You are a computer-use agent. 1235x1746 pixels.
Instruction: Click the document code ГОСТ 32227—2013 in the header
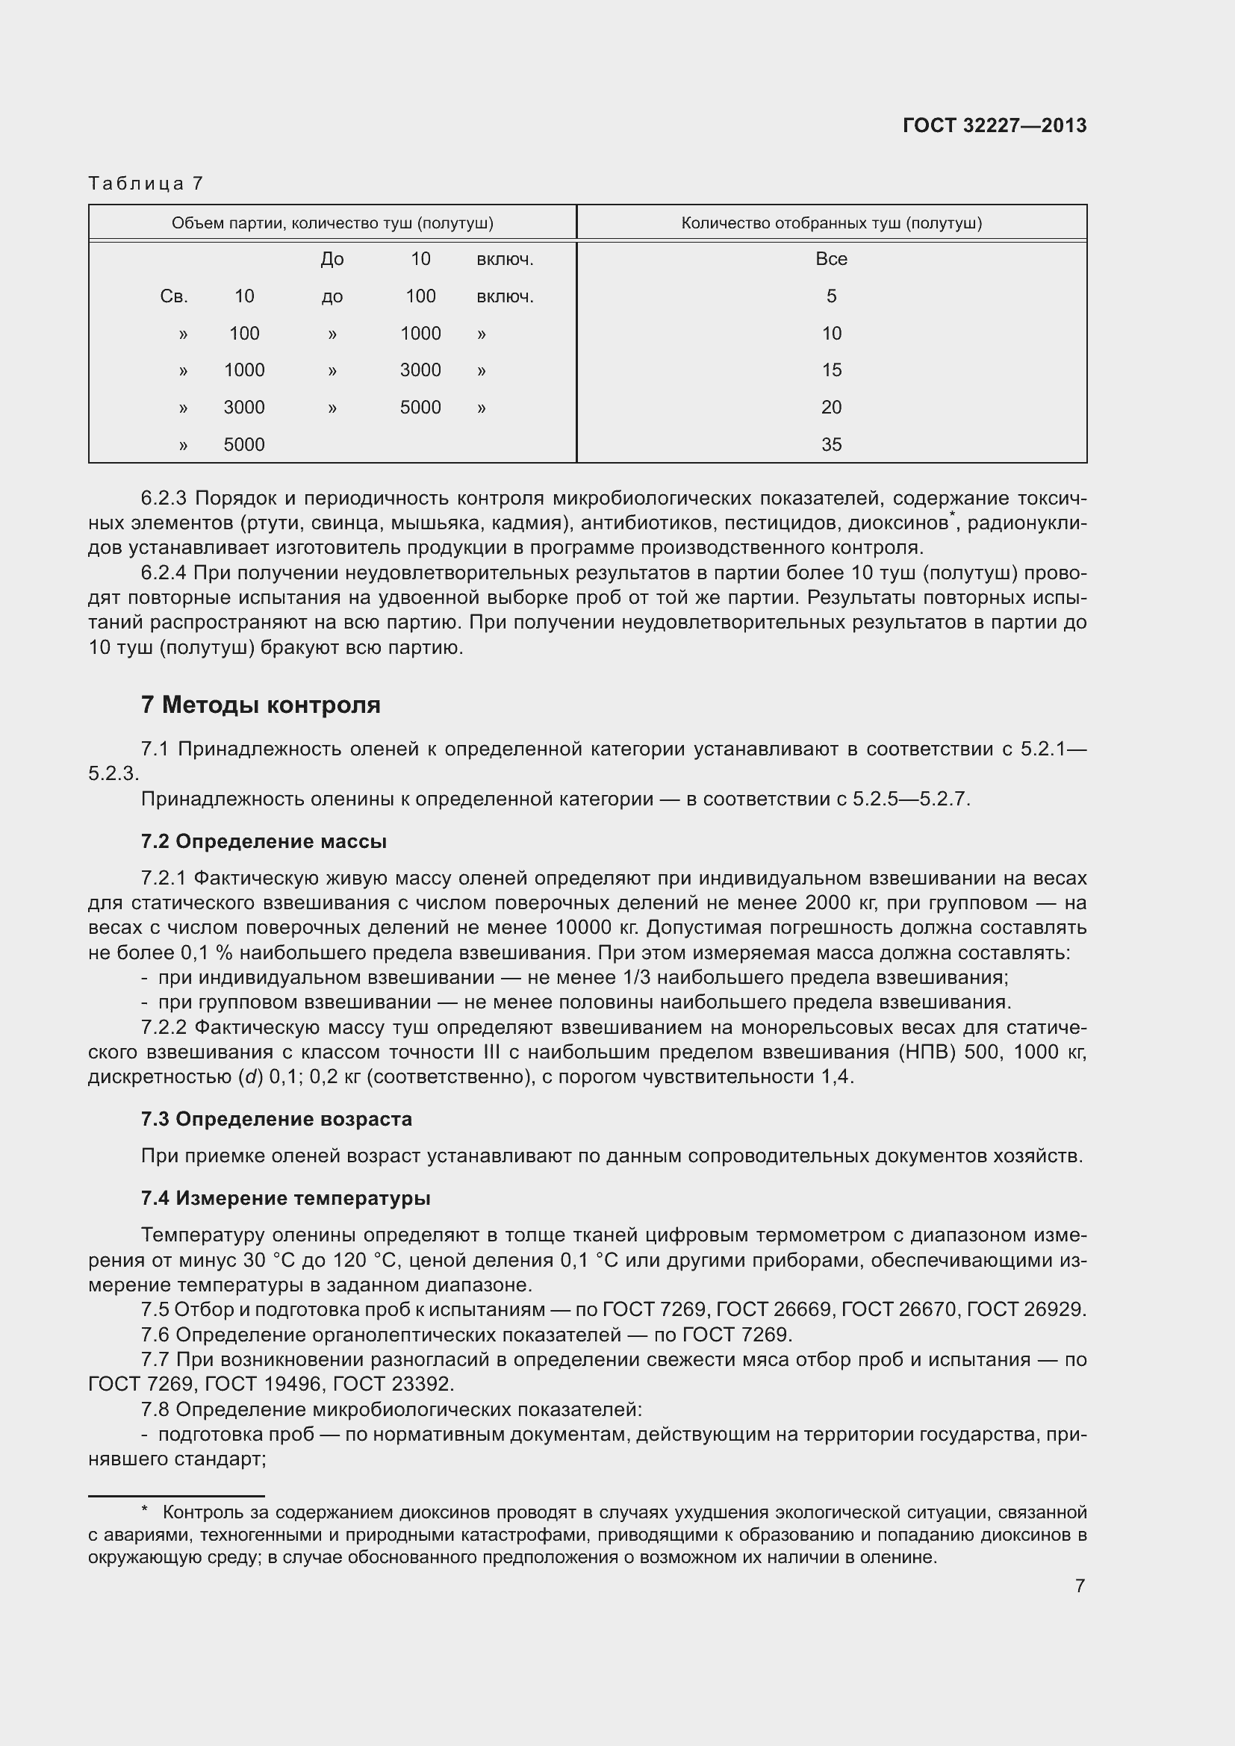point(994,126)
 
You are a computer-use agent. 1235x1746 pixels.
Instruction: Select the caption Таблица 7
point(146,184)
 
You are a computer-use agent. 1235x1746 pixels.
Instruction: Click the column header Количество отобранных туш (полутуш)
point(831,222)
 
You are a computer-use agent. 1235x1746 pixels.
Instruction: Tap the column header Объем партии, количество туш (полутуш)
point(332,222)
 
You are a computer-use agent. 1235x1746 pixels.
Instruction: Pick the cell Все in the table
point(831,259)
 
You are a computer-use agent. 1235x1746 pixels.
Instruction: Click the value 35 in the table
point(831,445)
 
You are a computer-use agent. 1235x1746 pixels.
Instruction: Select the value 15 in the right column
point(831,370)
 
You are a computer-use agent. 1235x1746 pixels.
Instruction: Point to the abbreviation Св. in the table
point(174,296)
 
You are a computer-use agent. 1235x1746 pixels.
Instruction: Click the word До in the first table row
point(332,259)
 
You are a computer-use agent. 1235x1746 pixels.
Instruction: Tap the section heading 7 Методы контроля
point(260,705)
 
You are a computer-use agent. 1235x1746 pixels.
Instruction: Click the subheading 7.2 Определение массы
point(263,842)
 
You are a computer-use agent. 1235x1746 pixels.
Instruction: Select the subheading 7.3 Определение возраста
point(276,1120)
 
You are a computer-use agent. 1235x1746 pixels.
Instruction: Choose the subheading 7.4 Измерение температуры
point(285,1199)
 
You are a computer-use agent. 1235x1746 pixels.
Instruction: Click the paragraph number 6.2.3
point(164,499)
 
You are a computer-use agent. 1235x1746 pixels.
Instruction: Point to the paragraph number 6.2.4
point(164,573)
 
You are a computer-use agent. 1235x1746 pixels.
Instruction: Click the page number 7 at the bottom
point(1080,1586)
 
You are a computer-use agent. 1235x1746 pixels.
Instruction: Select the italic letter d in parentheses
point(249,1078)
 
